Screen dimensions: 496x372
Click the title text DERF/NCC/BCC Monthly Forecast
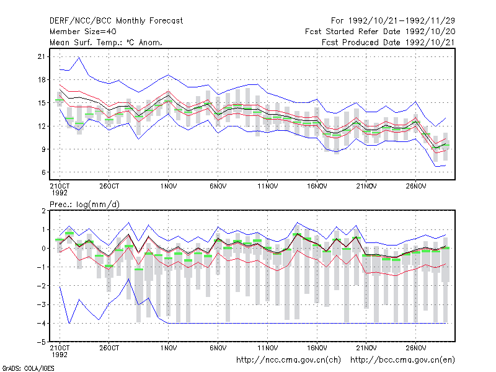point(116,21)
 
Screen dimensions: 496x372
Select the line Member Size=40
point(83,32)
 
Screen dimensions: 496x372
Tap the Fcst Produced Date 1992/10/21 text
point(388,42)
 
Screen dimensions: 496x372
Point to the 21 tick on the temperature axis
point(42,56)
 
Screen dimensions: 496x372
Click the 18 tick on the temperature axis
point(42,80)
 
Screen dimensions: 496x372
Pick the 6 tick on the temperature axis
point(43,172)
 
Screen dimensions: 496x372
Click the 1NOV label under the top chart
point(168,187)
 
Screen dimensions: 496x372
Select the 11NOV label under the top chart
point(268,187)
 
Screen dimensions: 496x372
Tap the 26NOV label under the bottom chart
point(416,348)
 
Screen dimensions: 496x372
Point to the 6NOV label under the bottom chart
point(218,348)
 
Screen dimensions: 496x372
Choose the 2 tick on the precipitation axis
point(43,211)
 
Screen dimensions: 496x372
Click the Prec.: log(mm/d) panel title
point(84,205)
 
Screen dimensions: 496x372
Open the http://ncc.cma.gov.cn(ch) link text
point(288,360)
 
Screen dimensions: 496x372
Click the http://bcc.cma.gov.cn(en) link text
point(402,360)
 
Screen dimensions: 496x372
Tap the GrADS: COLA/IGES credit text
point(28,368)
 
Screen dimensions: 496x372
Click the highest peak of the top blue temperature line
point(79,58)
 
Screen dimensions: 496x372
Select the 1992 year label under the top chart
point(60,193)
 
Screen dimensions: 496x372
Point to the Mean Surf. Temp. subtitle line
point(106,42)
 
